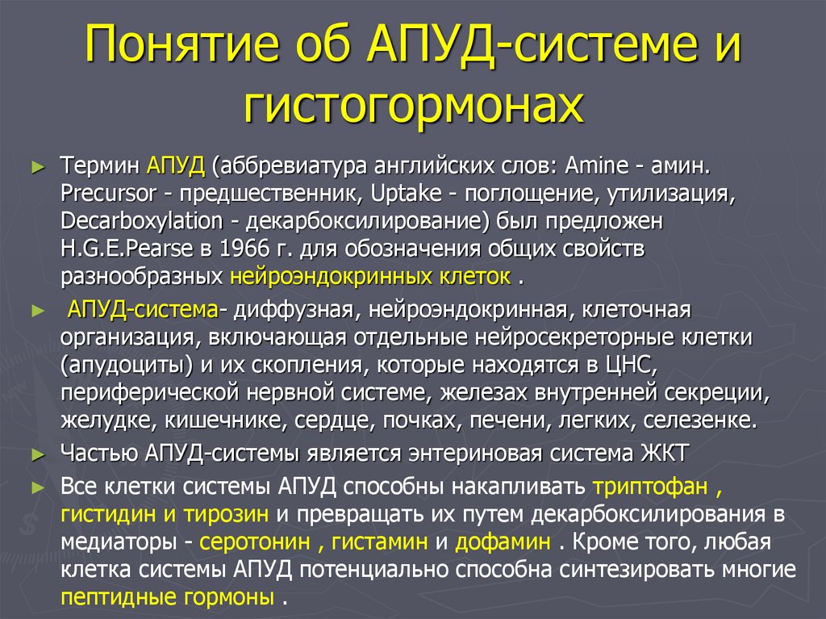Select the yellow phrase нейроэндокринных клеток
[x=370, y=277]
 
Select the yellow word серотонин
[x=253, y=542]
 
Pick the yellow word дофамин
[x=503, y=542]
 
